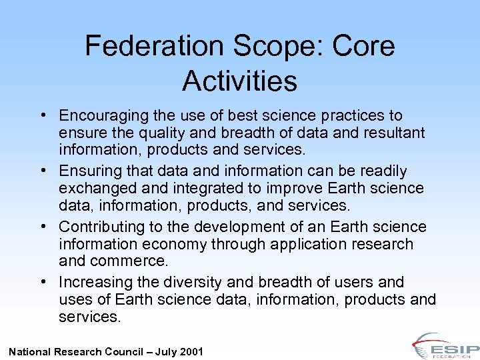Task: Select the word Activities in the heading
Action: point(239,81)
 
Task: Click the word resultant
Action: point(393,133)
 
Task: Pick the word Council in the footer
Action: point(127,351)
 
